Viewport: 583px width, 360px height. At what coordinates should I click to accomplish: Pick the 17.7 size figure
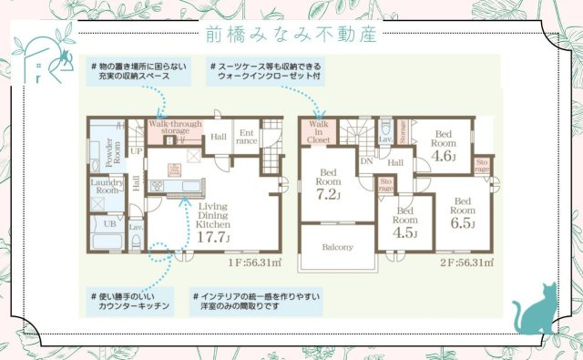[x=212, y=238]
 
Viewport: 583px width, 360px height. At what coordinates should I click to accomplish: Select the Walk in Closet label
[x=319, y=132]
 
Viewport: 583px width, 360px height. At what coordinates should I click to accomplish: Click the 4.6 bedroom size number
[x=443, y=155]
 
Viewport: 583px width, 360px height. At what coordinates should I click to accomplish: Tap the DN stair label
[x=365, y=161]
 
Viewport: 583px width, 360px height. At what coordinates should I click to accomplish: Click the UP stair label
[x=137, y=150]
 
